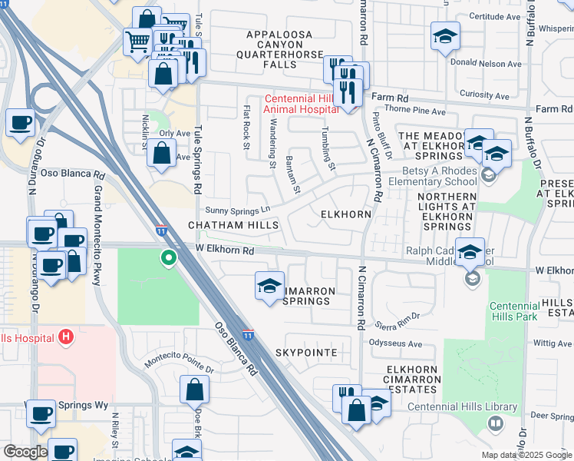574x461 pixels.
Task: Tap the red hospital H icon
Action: pyautogui.click(x=67, y=337)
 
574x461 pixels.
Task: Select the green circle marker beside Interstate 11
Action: pyautogui.click(x=166, y=258)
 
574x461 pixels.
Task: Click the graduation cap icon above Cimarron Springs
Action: pyautogui.click(x=269, y=287)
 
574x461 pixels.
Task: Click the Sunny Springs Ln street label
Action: pyautogui.click(x=239, y=210)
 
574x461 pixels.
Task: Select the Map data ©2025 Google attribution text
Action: pyautogui.click(x=526, y=455)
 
